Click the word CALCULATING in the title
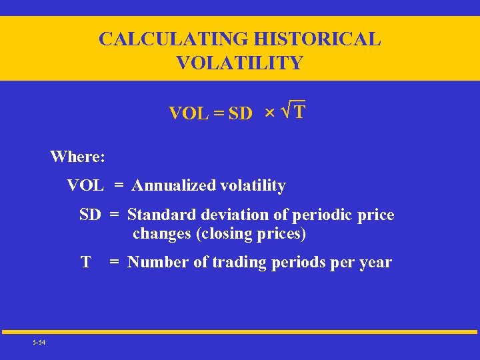pos(172,39)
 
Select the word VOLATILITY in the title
pos(239,63)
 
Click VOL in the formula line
pos(189,114)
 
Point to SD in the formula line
pos(240,114)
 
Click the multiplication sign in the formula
pos(269,114)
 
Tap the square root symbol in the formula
pos(285,111)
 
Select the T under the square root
pos(299,111)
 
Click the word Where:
pos(77,157)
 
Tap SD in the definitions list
pos(90,215)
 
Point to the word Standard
pos(158,215)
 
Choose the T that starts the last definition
pos(85,262)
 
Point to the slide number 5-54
pos(39,343)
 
